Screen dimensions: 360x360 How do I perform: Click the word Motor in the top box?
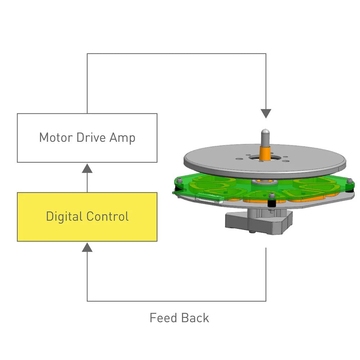(55, 138)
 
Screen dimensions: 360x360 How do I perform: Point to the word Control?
(108, 216)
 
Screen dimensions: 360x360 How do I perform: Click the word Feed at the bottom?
(163, 318)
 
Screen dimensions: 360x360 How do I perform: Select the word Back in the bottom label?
(195, 318)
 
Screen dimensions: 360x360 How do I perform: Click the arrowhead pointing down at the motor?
(266, 114)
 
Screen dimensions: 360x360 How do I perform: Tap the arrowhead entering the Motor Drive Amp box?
(87, 168)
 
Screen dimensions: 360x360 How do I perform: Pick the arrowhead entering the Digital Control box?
(87, 247)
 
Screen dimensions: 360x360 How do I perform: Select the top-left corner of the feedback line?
(87, 54)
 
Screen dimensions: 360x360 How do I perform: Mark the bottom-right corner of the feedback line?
(266, 301)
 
